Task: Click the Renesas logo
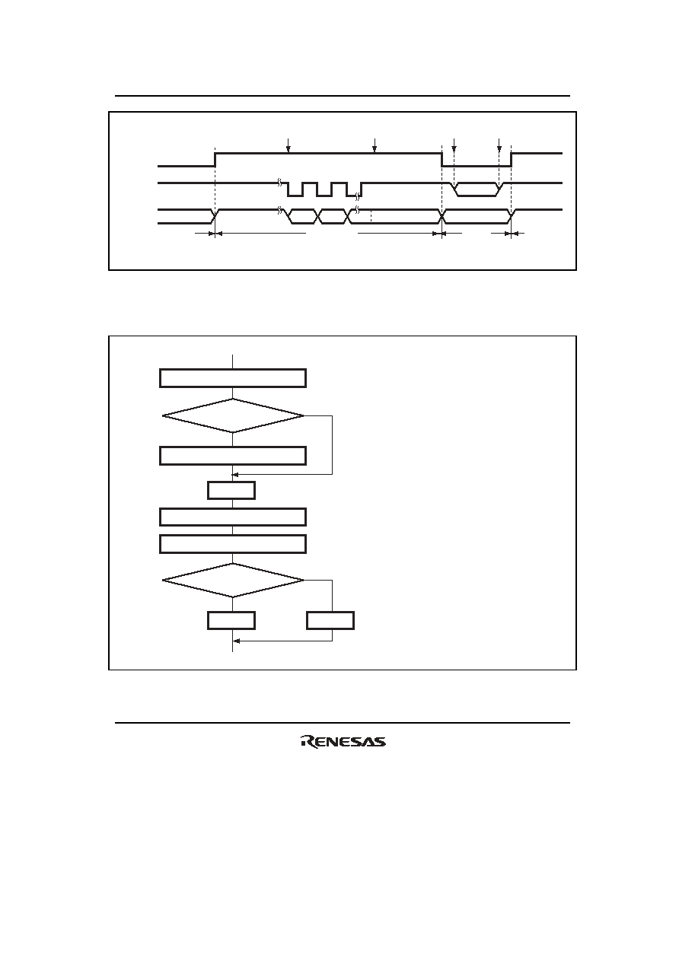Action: (x=343, y=742)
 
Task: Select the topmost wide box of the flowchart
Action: (x=233, y=378)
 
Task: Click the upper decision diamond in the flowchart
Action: (x=233, y=415)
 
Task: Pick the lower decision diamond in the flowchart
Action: (x=233, y=580)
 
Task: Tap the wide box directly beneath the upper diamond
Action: (x=233, y=456)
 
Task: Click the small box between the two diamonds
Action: (x=231, y=490)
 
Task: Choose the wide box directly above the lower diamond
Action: (x=233, y=544)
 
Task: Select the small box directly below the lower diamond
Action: (x=231, y=621)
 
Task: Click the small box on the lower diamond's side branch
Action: (x=330, y=621)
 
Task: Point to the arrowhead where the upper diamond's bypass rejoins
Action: (x=234, y=475)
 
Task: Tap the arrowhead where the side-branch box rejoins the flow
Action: (x=236, y=641)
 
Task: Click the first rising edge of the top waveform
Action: (x=215, y=160)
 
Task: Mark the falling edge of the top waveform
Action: (x=442, y=160)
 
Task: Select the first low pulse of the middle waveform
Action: (x=295, y=189)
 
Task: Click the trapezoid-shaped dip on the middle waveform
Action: (x=477, y=189)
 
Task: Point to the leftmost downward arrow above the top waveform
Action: (x=288, y=145)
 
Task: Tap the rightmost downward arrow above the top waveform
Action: (x=499, y=145)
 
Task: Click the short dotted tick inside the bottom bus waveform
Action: (x=371, y=216)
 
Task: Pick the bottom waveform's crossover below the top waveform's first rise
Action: (x=215, y=217)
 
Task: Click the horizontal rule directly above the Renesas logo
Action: (x=343, y=723)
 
